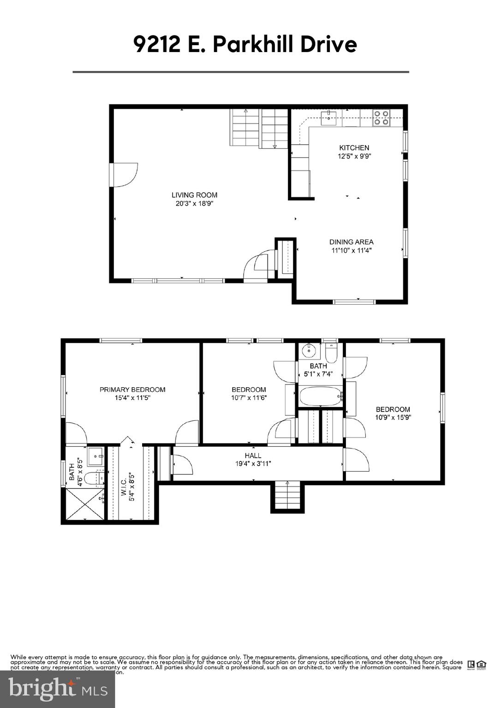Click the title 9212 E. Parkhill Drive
click(x=245, y=45)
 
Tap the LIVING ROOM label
click(x=194, y=195)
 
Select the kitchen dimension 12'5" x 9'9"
click(x=354, y=156)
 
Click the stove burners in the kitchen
click(x=381, y=118)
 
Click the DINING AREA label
click(x=351, y=242)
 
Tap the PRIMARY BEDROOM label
click(x=132, y=389)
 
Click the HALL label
click(x=253, y=455)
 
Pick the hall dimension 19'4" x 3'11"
click(x=253, y=464)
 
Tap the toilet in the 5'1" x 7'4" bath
click(x=331, y=354)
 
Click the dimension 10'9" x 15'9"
click(x=393, y=418)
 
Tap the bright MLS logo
click(x=58, y=690)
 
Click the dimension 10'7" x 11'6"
click(x=249, y=398)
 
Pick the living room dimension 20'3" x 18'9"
click(x=194, y=203)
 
